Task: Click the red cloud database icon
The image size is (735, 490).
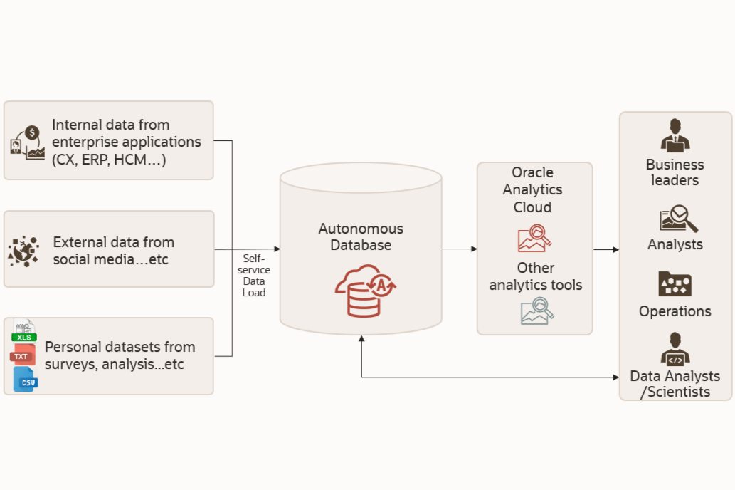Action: (x=365, y=290)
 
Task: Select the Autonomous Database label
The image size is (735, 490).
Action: (x=361, y=237)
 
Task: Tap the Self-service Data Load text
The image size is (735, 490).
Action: (x=253, y=276)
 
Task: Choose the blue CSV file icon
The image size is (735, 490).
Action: (x=26, y=380)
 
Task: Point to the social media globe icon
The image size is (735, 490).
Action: (x=23, y=251)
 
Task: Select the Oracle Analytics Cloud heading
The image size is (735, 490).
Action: (x=532, y=190)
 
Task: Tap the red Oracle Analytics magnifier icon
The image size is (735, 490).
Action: (x=534, y=239)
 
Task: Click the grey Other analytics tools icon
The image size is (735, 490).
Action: (x=536, y=311)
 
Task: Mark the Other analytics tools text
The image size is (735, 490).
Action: (x=535, y=276)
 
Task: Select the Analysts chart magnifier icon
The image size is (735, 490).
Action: (x=677, y=219)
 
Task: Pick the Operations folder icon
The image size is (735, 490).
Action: (x=675, y=284)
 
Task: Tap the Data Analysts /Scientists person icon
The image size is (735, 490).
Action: (x=675, y=348)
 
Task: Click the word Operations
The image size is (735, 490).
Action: (x=675, y=311)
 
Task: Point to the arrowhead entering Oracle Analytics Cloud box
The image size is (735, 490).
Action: (x=473, y=249)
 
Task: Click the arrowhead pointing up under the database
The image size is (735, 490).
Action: (x=361, y=340)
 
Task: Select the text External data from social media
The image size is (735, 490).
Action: (x=114, y=251)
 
